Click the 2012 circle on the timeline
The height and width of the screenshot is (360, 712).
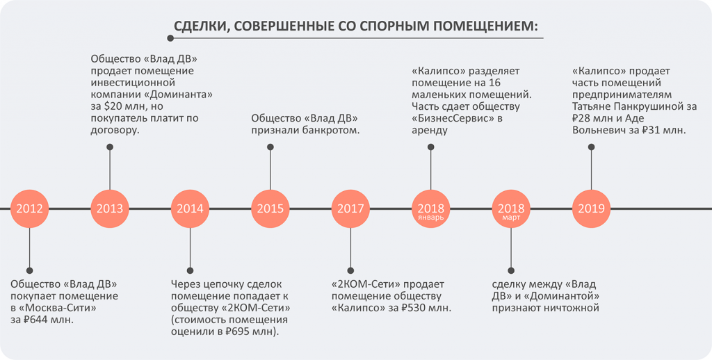[x=29, y=208]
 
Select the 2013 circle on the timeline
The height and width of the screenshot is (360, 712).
[x=110, y=208]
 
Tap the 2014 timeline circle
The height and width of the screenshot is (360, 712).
[x=190, y=208]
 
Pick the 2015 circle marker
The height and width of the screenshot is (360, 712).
[x=270, y=208]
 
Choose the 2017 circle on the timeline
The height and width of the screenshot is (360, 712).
[x=350, y=208]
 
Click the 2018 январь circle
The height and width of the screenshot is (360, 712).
[x=430, y=208]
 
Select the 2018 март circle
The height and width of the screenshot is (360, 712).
[x=511, y=208]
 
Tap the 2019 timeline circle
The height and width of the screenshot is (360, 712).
[x=591, y=208]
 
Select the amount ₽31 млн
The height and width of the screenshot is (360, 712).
[x=661, y=130]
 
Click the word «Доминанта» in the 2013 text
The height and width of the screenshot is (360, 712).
[x=177, y=95]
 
